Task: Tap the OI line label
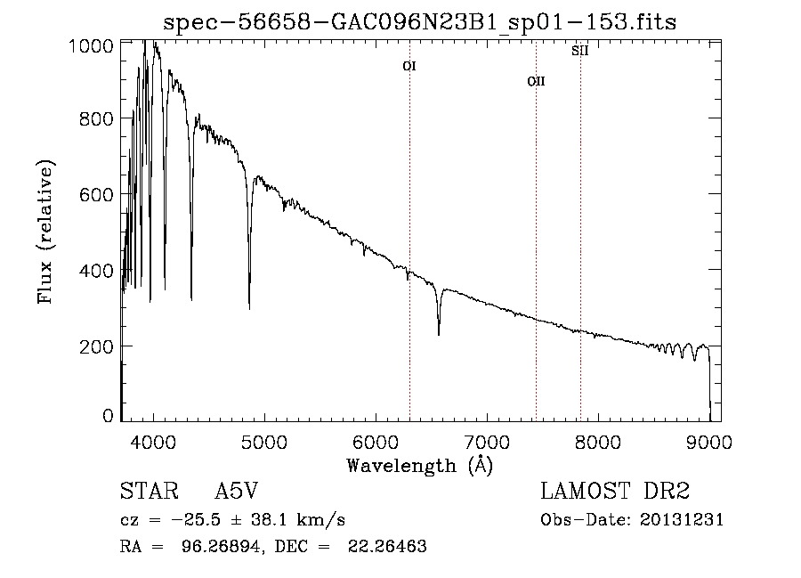coord(409,66)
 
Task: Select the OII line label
coord(536,81)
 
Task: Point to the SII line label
coord(580,51)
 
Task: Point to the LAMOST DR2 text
coord(615,492)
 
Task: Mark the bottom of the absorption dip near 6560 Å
coord(439,334)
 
